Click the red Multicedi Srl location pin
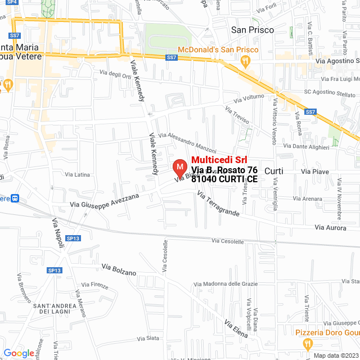(x=179, y=168)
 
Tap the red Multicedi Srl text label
(x=219, y=160)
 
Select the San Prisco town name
(x=253, y=29)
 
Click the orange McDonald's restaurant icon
(x=182, y=49)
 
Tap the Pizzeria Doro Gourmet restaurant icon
(x=307, y=343)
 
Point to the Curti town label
(x=273, y=170)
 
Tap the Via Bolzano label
(x=119, y=269)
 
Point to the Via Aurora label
(x=330, y=227)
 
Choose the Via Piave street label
(x=315, y=170)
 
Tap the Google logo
(x=19, y=353)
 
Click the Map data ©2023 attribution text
(x=335, y=355)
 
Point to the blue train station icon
(x=15, y=199)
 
